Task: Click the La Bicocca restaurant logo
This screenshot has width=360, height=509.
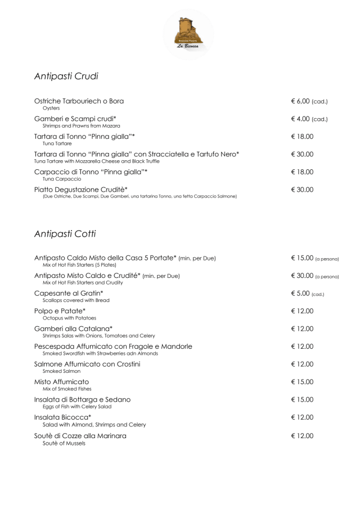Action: (x=188, y=33)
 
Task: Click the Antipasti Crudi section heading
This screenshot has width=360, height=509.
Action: (x=66, y=75)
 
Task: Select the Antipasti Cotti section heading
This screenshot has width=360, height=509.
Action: (x=65, y=233)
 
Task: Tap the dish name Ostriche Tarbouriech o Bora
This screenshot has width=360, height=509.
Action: (x=79, y=101)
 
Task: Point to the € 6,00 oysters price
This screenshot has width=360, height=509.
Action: (x=309, y=101)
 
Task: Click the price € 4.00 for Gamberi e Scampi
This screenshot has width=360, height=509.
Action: (x=309, y=119)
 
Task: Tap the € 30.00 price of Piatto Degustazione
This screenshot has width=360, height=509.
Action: (x=302, y=190)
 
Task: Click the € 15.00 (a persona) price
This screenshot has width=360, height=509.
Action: (x=314, y=258)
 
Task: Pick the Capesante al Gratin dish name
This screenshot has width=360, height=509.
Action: (x=69, y=294)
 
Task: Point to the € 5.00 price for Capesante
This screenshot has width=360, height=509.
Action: (x=307, y=294)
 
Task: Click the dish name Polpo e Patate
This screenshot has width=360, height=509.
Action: (x=60, y=311)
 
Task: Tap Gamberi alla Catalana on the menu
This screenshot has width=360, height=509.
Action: (x=73, y=329)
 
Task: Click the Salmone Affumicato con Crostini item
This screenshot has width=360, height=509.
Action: (x=87, y=364)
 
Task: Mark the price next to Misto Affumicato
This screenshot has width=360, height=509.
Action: (x=302, y=382)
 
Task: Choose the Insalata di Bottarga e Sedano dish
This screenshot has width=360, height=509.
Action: (x=82, y=400)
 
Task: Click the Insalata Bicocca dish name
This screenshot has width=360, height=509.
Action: (x=62, y=417)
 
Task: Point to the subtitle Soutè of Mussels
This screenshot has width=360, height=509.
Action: (x=64, y=443)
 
